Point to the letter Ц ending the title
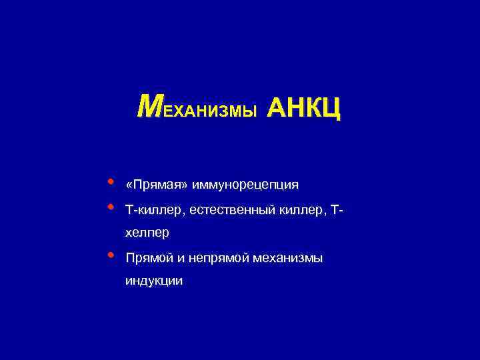[x=331, y=108]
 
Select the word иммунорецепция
[x=245, y=185]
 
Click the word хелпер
[x=147, y=233]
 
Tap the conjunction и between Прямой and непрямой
[x=183, y=258]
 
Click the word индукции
[x=153, y=282]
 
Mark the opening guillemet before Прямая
[x=128, y=185]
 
